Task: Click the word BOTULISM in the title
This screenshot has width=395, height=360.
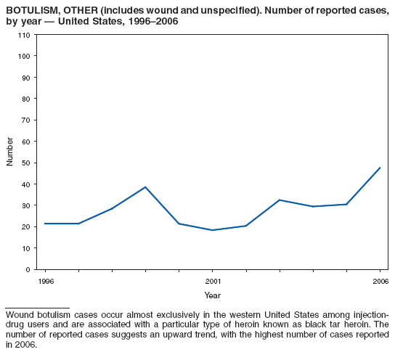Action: click(28, 10)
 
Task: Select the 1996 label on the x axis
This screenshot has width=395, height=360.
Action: click(44, 281)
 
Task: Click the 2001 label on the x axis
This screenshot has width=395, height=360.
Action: click(213, 281)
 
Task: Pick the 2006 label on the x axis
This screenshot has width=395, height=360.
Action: click(380, 281)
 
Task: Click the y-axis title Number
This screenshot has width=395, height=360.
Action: click(10, 152)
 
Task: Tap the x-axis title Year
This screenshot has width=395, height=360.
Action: click(212, 295)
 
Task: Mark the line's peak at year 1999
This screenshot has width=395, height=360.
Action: click(145, 187)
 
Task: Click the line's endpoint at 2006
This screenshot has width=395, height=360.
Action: click(380, 168)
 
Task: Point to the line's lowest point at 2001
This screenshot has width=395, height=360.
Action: click(213, 230)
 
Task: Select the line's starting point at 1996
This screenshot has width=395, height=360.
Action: click(44, 224)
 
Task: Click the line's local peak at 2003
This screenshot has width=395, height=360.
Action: click(280, 200)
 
